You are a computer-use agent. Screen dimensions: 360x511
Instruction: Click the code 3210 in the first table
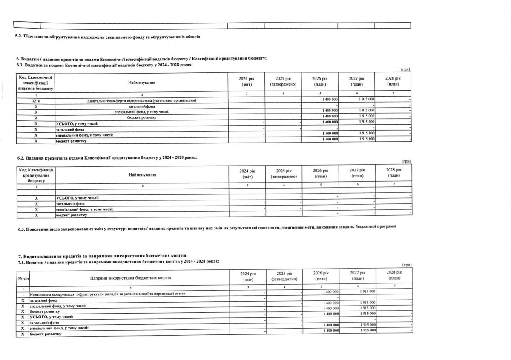click(x=36, y=100)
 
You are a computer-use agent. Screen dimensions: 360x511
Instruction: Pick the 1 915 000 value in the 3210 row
click(x=366, y=100)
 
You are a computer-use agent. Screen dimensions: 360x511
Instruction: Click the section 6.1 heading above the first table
click(x=104, y=65)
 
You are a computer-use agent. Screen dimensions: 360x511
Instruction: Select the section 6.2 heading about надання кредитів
click(x=107, y=157)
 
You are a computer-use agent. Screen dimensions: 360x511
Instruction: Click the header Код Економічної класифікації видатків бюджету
click(x=36, y=83)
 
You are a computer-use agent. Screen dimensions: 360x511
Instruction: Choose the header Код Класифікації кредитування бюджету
click(x=36, y=175)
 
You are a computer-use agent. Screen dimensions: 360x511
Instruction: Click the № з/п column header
click(x=20, y=278)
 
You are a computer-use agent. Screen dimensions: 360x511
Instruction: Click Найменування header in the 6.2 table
click(x=142, y=175)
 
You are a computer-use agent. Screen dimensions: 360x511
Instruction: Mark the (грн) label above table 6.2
click(x=406, y=162)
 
